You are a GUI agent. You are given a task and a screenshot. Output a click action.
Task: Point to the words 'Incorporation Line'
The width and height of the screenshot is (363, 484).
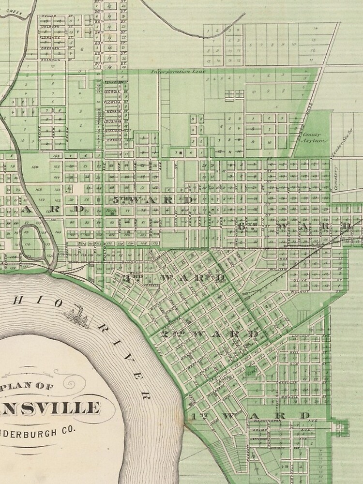tap(179, 72)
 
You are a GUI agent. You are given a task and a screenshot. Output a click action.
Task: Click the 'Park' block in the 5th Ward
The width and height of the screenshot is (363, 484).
tap(112, 211)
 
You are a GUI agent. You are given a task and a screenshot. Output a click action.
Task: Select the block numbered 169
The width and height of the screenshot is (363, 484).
tap(34, 168)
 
